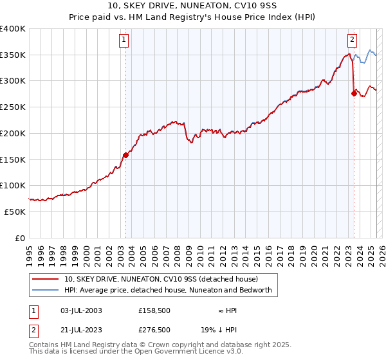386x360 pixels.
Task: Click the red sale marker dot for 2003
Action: click(x=126, y=154)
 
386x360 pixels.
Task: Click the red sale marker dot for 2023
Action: click(x=354, y=93)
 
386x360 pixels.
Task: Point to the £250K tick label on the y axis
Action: click(x=13, y=107)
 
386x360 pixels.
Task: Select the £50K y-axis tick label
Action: click(x=15, y=212)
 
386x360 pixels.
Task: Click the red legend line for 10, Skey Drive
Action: click(x=46, y=279)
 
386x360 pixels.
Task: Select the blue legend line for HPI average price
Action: click(x=46, y=290)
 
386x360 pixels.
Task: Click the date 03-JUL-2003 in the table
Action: click(x=79, y=310)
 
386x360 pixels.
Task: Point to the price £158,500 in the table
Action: click(x=154, y=310)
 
